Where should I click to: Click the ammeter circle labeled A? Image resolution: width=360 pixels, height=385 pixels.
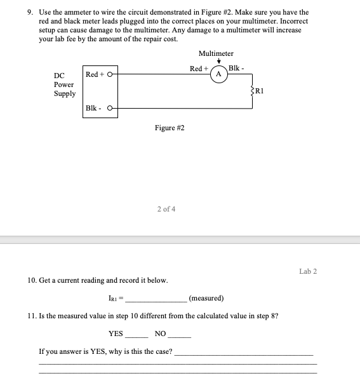click(x=218, y=73)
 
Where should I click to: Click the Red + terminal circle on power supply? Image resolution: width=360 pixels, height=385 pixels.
click(x=111, y=74)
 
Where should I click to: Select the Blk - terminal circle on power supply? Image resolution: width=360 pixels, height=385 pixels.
click(x=112, y=108)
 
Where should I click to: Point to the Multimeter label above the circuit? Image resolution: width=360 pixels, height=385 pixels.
click(x=215, y=53)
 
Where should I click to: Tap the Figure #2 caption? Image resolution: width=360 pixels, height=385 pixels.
click(x=170, y=128)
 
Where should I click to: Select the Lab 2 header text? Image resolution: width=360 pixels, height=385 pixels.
click(x=307, y=271)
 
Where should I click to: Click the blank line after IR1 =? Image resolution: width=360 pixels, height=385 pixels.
click(x=156, y=298)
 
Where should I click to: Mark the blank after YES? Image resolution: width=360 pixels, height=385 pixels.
click(x=137, y=334)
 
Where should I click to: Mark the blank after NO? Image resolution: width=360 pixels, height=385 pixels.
click(x=179, y=334)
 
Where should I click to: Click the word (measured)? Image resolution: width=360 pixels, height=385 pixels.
click(x=206, y=297)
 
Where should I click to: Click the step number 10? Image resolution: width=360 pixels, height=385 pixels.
click(x=32, y=280)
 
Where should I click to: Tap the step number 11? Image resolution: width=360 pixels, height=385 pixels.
click(x=32, y=316)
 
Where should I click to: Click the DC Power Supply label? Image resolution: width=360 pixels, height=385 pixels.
click(x=64, y=84)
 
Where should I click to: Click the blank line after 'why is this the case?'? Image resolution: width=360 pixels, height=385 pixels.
click(x=244, y=352)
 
